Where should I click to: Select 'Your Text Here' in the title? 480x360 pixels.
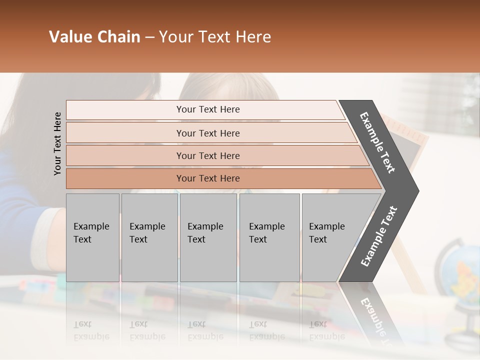click(215, 37)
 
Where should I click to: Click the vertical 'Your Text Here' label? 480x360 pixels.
click(57, 143)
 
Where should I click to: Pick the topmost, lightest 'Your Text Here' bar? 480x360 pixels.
click(207, 109)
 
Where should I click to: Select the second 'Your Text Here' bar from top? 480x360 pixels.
click(207, 133)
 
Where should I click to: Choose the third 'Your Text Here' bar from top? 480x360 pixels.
click(207, 155)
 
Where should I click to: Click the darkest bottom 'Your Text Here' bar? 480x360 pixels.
click(207, 178)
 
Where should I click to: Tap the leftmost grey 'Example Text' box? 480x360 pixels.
click(92, 237)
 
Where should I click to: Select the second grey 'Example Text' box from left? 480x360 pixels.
click(149, 237)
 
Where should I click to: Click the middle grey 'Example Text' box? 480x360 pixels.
click(208, 237)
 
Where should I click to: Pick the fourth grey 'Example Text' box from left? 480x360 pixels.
click(269, 237)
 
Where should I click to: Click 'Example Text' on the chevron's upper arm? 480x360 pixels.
click(378, 142)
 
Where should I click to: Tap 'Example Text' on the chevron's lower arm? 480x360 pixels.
click(379, 236)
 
